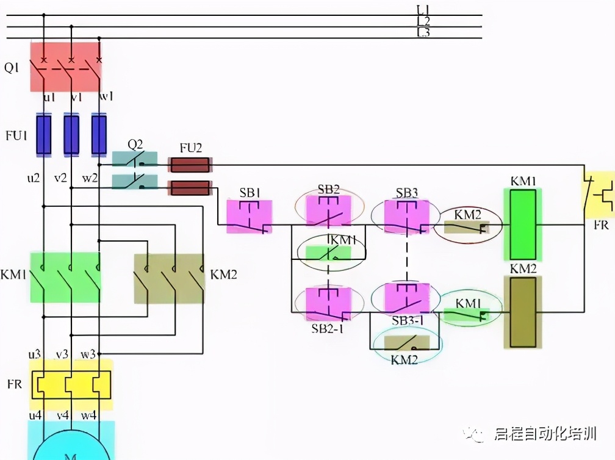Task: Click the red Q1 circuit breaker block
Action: point(65,66)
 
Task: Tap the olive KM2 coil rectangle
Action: point(523,312)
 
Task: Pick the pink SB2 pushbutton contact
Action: point(328,211)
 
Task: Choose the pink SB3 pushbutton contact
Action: point(407,216)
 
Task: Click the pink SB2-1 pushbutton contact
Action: point(329,303)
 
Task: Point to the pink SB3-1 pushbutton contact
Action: point(407,298)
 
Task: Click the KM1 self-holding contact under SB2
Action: point(329,251)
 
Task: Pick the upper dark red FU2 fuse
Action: point(190,165)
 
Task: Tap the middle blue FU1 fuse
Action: point(71,134)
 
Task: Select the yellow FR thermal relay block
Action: point(71,384)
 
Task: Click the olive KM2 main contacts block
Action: point(169,278)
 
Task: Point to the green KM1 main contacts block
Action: point(65,277)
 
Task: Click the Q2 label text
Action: point(135,145)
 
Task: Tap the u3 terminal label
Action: point(34,354)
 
